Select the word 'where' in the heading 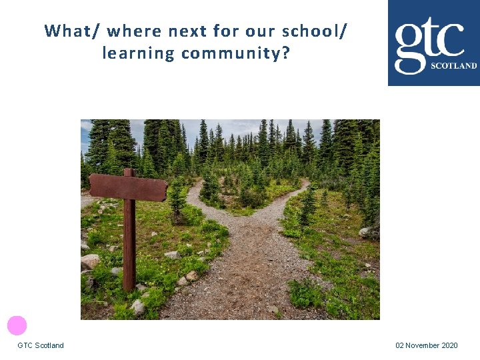pyautogui.click(x=133, y=31)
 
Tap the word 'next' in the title pyautogui.click(x=187, y=31)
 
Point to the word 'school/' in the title pyautogui.click(x=314, y=31)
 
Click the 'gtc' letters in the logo pyautogui.click(x=428, y=40)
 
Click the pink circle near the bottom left pyautogui.click(x=17, y=325)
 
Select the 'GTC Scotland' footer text pyautogui.click(x=41, y=345)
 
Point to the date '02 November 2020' pyautogui.click(x=427, y=345)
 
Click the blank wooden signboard pyautogui.click(x=128, y=187)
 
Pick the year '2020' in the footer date pyautogui.click(x=449, y=345)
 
